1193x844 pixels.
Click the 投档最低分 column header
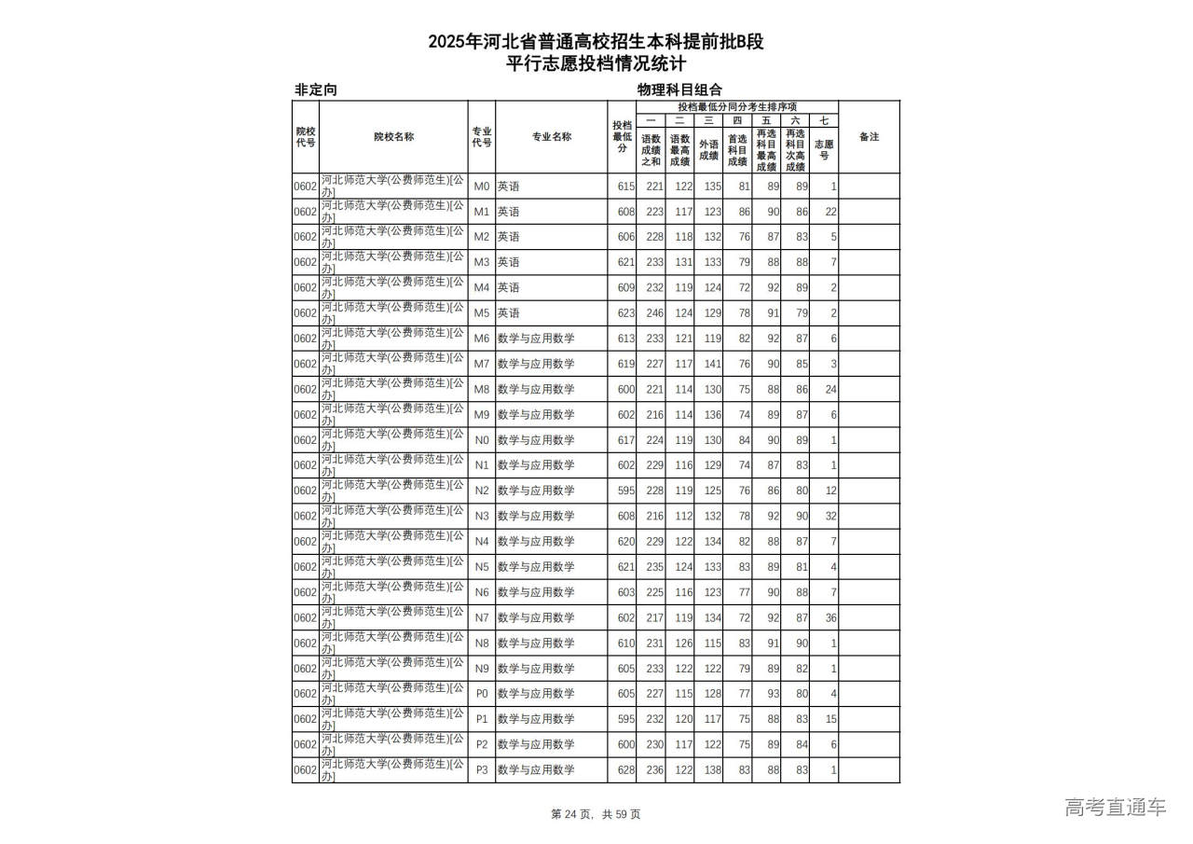coord(622,137)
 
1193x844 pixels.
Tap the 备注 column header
coord(869,137)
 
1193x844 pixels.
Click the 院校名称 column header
coord(393,137)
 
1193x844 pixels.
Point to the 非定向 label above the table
coord(316,90)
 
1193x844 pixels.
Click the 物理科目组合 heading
coord(679,90)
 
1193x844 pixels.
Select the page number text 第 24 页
coord(573,814)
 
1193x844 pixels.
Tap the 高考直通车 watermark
coord(1116,807)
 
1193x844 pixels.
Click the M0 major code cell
coord(482,187)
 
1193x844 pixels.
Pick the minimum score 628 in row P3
coord(625,770)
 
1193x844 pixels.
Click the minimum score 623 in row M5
coord(625,313)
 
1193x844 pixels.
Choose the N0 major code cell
coord(482,440)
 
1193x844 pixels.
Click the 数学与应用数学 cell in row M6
coord(536,339)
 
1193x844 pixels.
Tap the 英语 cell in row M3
coord(509,262)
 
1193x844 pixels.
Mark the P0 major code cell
coord(482,694)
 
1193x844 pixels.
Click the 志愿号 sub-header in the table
coord(824,150)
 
